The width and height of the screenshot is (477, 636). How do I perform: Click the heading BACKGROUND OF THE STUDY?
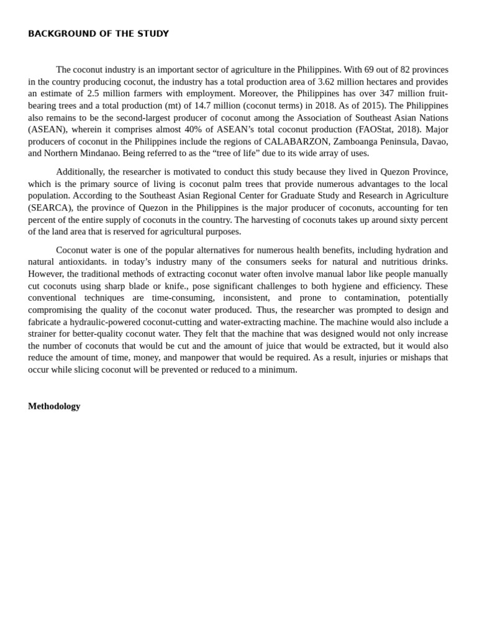click(98, 34)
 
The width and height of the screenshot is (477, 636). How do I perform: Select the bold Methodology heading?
click(54, 406)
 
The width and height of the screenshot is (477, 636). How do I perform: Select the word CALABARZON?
click(296, 141)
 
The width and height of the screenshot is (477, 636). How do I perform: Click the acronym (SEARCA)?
click(50, 207)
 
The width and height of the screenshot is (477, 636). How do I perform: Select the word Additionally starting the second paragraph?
click(79, 171)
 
